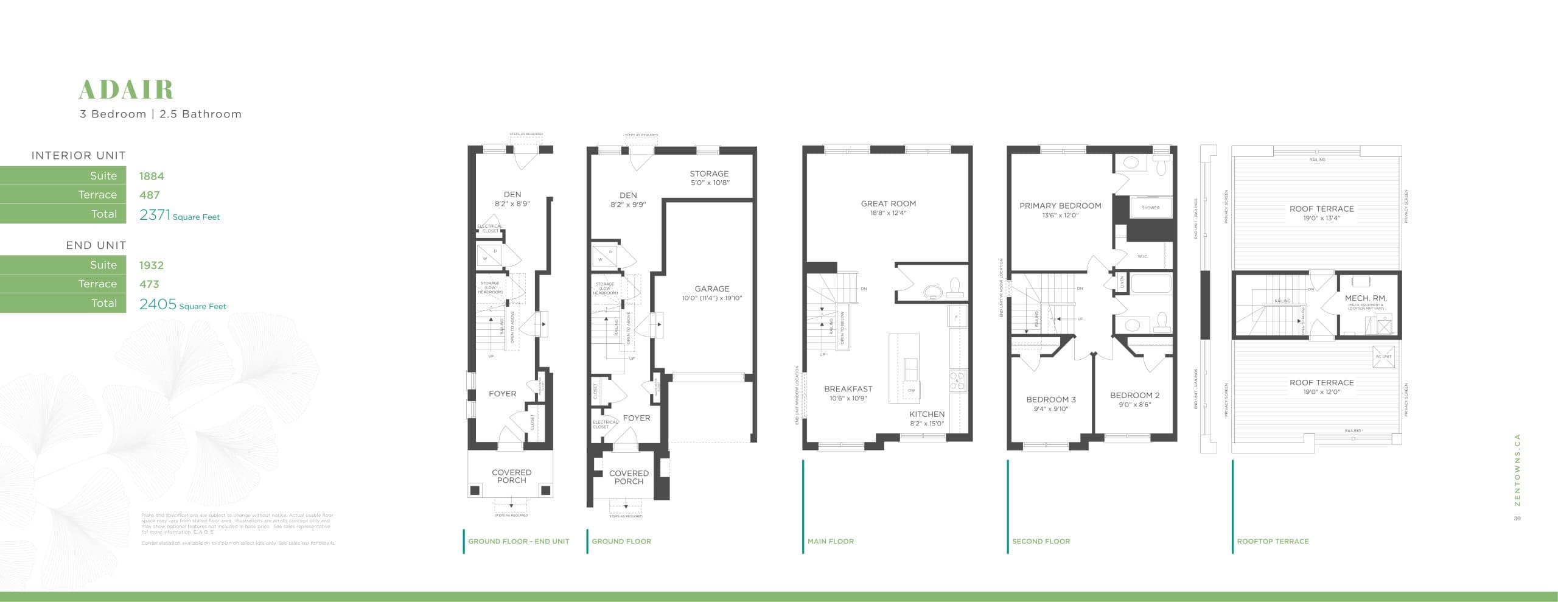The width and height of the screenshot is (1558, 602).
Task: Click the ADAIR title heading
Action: [126, 89]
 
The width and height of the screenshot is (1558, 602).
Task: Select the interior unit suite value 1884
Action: [152, 176]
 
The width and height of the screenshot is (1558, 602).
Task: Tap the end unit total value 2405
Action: [158, 304]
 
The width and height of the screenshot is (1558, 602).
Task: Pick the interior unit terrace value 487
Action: [149, 195]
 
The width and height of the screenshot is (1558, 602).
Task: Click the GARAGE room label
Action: [711, 289]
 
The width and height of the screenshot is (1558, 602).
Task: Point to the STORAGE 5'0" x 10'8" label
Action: [709, 178]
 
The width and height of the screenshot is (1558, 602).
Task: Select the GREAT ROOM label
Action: [888, 204]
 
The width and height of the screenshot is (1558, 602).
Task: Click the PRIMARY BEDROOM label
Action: [1060, 206]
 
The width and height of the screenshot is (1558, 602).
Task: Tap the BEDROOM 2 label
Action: [1134, 396]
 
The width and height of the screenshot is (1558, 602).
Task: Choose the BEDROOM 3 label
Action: [1051, 400]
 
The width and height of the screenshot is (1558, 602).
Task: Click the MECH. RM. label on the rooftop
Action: [1366, 298]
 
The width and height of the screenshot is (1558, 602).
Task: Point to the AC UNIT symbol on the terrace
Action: [1383, 356]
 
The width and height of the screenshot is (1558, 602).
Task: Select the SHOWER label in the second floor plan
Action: [1150, 208]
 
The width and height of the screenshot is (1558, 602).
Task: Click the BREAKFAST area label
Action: [848, 389]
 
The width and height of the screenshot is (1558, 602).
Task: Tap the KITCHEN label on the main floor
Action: [927, 415]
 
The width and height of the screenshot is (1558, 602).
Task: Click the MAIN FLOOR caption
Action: [830, 541]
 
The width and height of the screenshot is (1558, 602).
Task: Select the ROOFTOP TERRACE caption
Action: [1273, 541]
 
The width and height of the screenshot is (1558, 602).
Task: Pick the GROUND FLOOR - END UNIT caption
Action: [519, 541]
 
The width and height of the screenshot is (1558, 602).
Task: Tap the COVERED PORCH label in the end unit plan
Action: [511, 476]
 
